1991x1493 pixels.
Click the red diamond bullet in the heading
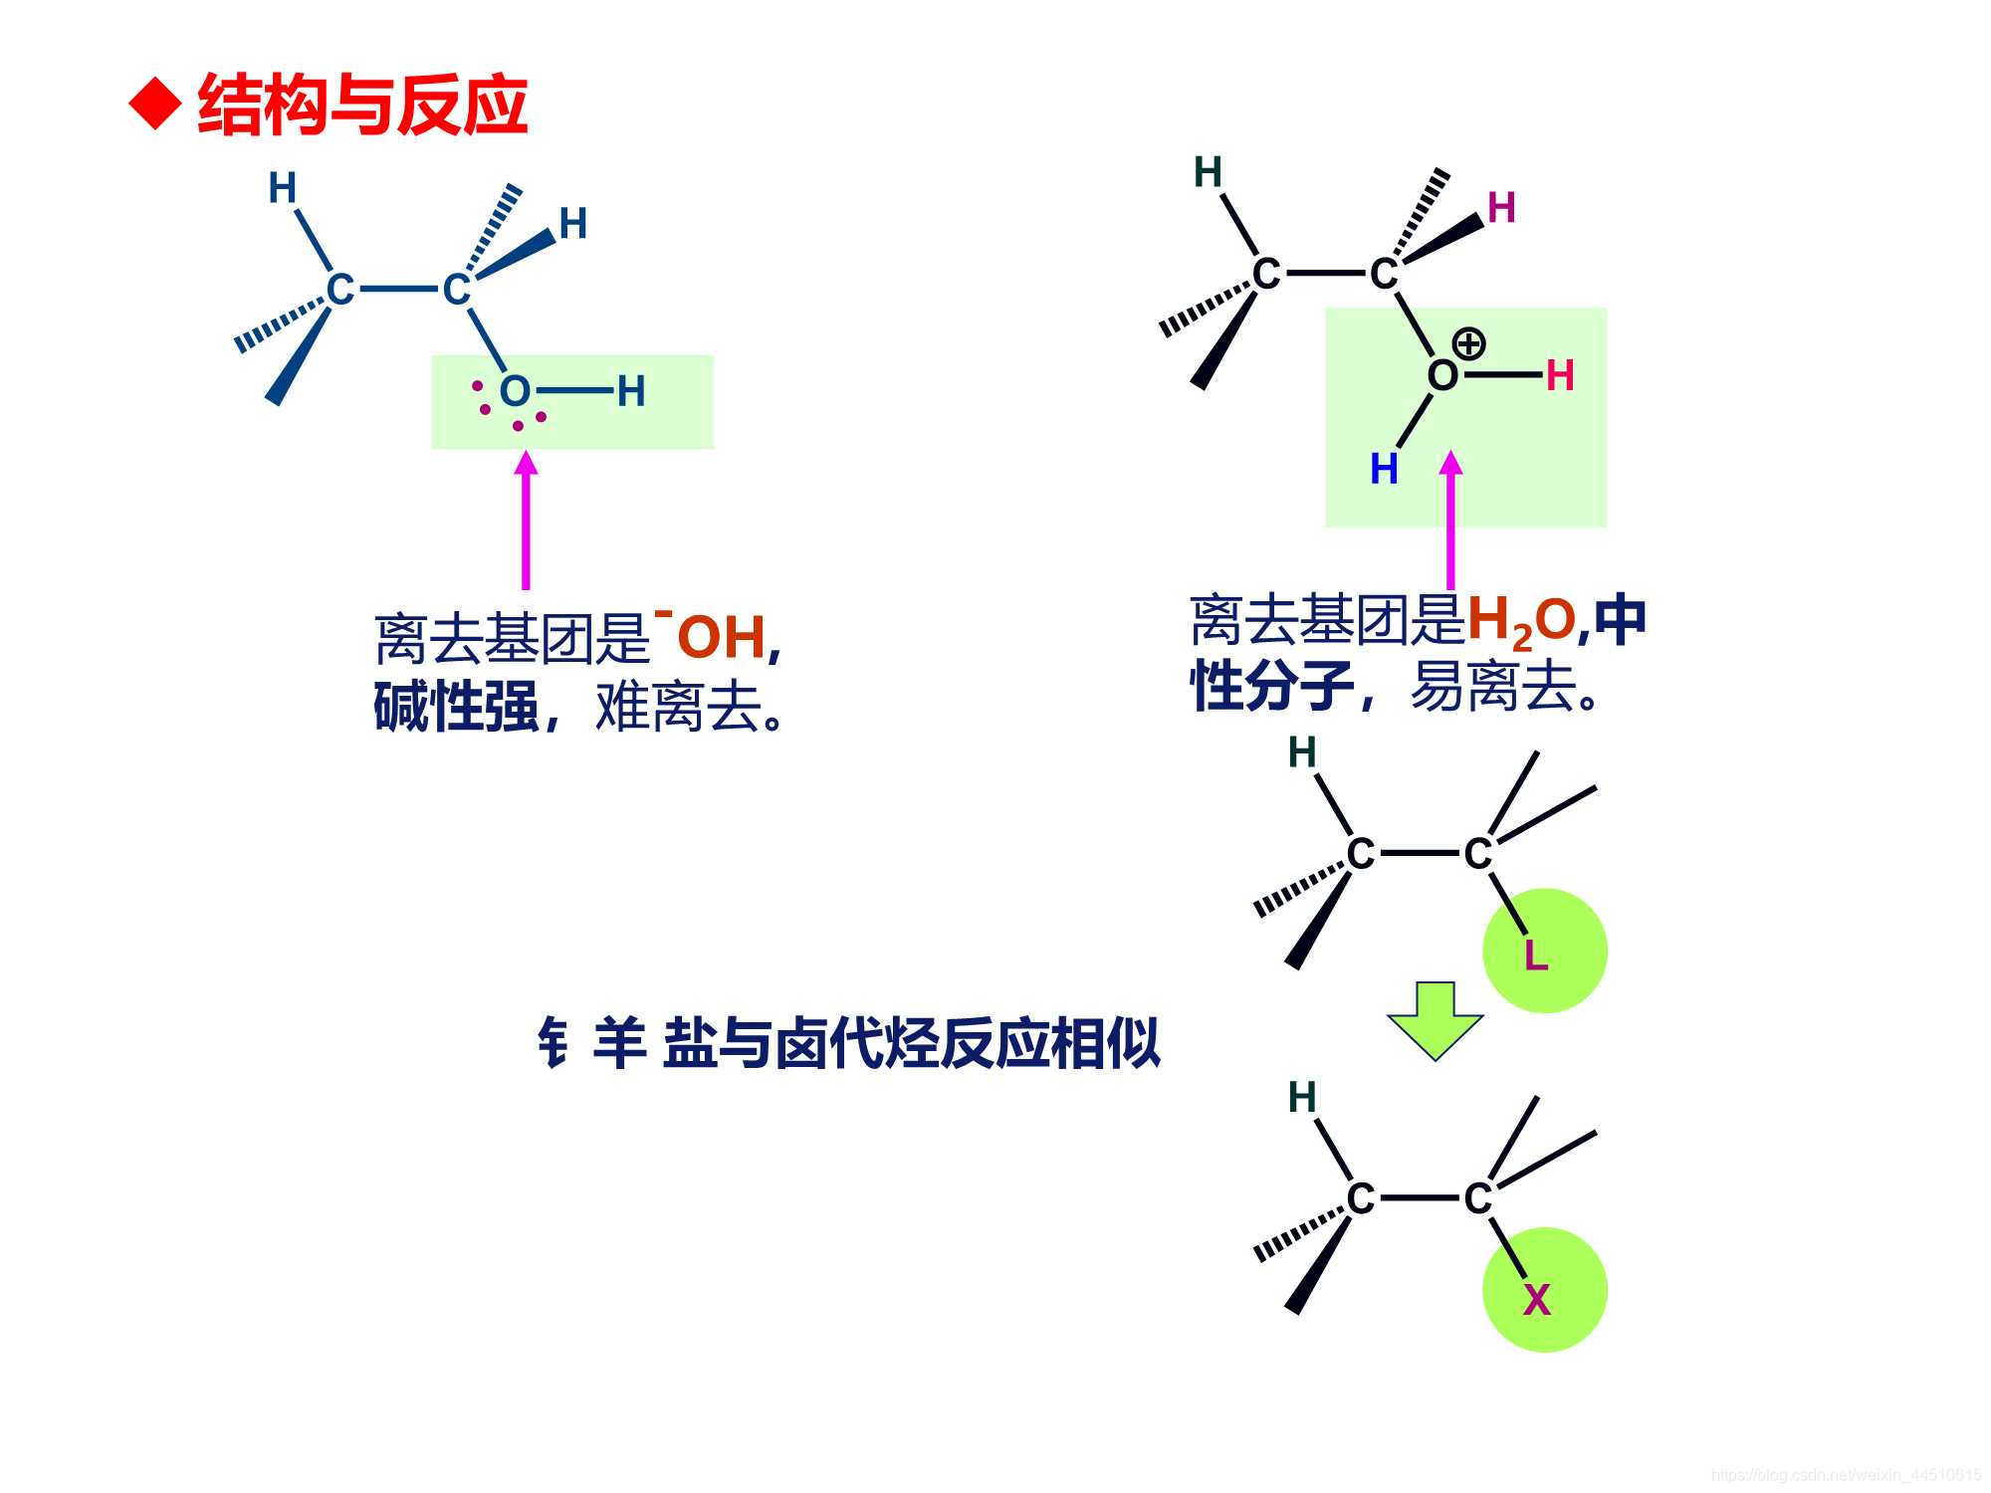point(157,104)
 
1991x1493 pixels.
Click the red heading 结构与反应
point(362,105)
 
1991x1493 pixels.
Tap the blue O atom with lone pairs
point(515,391)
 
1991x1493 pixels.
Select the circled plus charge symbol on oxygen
point(1469,344)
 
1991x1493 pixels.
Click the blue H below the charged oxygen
point(1384,469)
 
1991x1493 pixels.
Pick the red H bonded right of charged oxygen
point(1560,376)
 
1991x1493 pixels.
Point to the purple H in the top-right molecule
point(1501,208)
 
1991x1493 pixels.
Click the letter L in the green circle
point(1536,957)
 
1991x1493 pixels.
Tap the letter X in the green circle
point(1536,1300)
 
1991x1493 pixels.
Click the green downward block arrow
point(1436,1020)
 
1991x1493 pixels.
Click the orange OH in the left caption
point(721,638)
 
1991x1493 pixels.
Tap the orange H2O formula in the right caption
point(1521,621)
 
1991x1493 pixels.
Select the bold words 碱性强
point(456,708)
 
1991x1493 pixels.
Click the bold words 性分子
point(1272,686)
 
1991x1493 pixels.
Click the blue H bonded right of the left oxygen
point(631,391)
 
